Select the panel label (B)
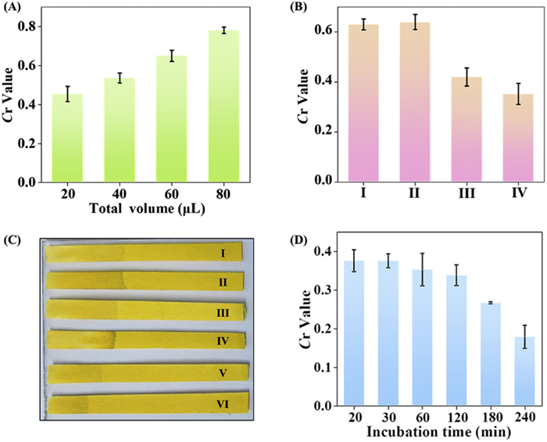click(299, 9)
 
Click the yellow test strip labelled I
click(144, 253)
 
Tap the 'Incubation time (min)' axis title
click(425, 433)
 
